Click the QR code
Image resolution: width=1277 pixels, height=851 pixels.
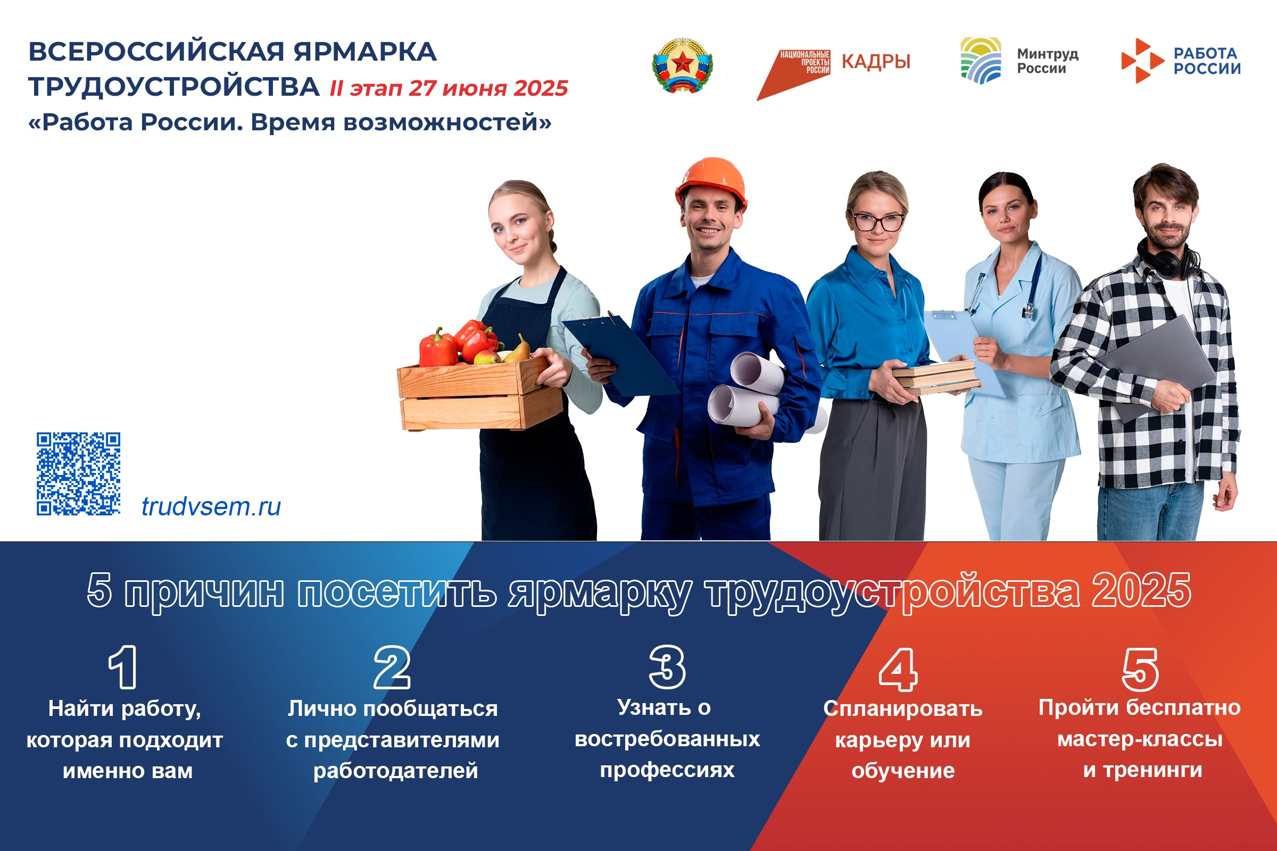click(x=78, y=473)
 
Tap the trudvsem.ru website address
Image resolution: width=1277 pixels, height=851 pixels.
click(x=211, y=506)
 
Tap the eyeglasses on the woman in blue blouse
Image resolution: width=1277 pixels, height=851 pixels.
click(x=878, y=222)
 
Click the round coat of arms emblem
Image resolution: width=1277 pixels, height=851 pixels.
click(x=682, y=65)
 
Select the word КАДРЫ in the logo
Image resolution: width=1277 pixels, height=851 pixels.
click(x=876, y=62)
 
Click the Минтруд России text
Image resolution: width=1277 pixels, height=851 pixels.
click(x=1047, y=61)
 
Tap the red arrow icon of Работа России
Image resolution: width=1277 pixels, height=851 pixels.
click(x=1142, y=60)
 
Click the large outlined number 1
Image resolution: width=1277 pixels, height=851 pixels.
click(x=123, y=667)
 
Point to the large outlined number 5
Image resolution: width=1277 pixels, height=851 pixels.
click(x=1140, y=669)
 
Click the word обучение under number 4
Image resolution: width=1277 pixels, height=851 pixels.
click(x=903, y=771)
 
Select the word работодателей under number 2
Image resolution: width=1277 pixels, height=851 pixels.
click(x=395, y=771)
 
